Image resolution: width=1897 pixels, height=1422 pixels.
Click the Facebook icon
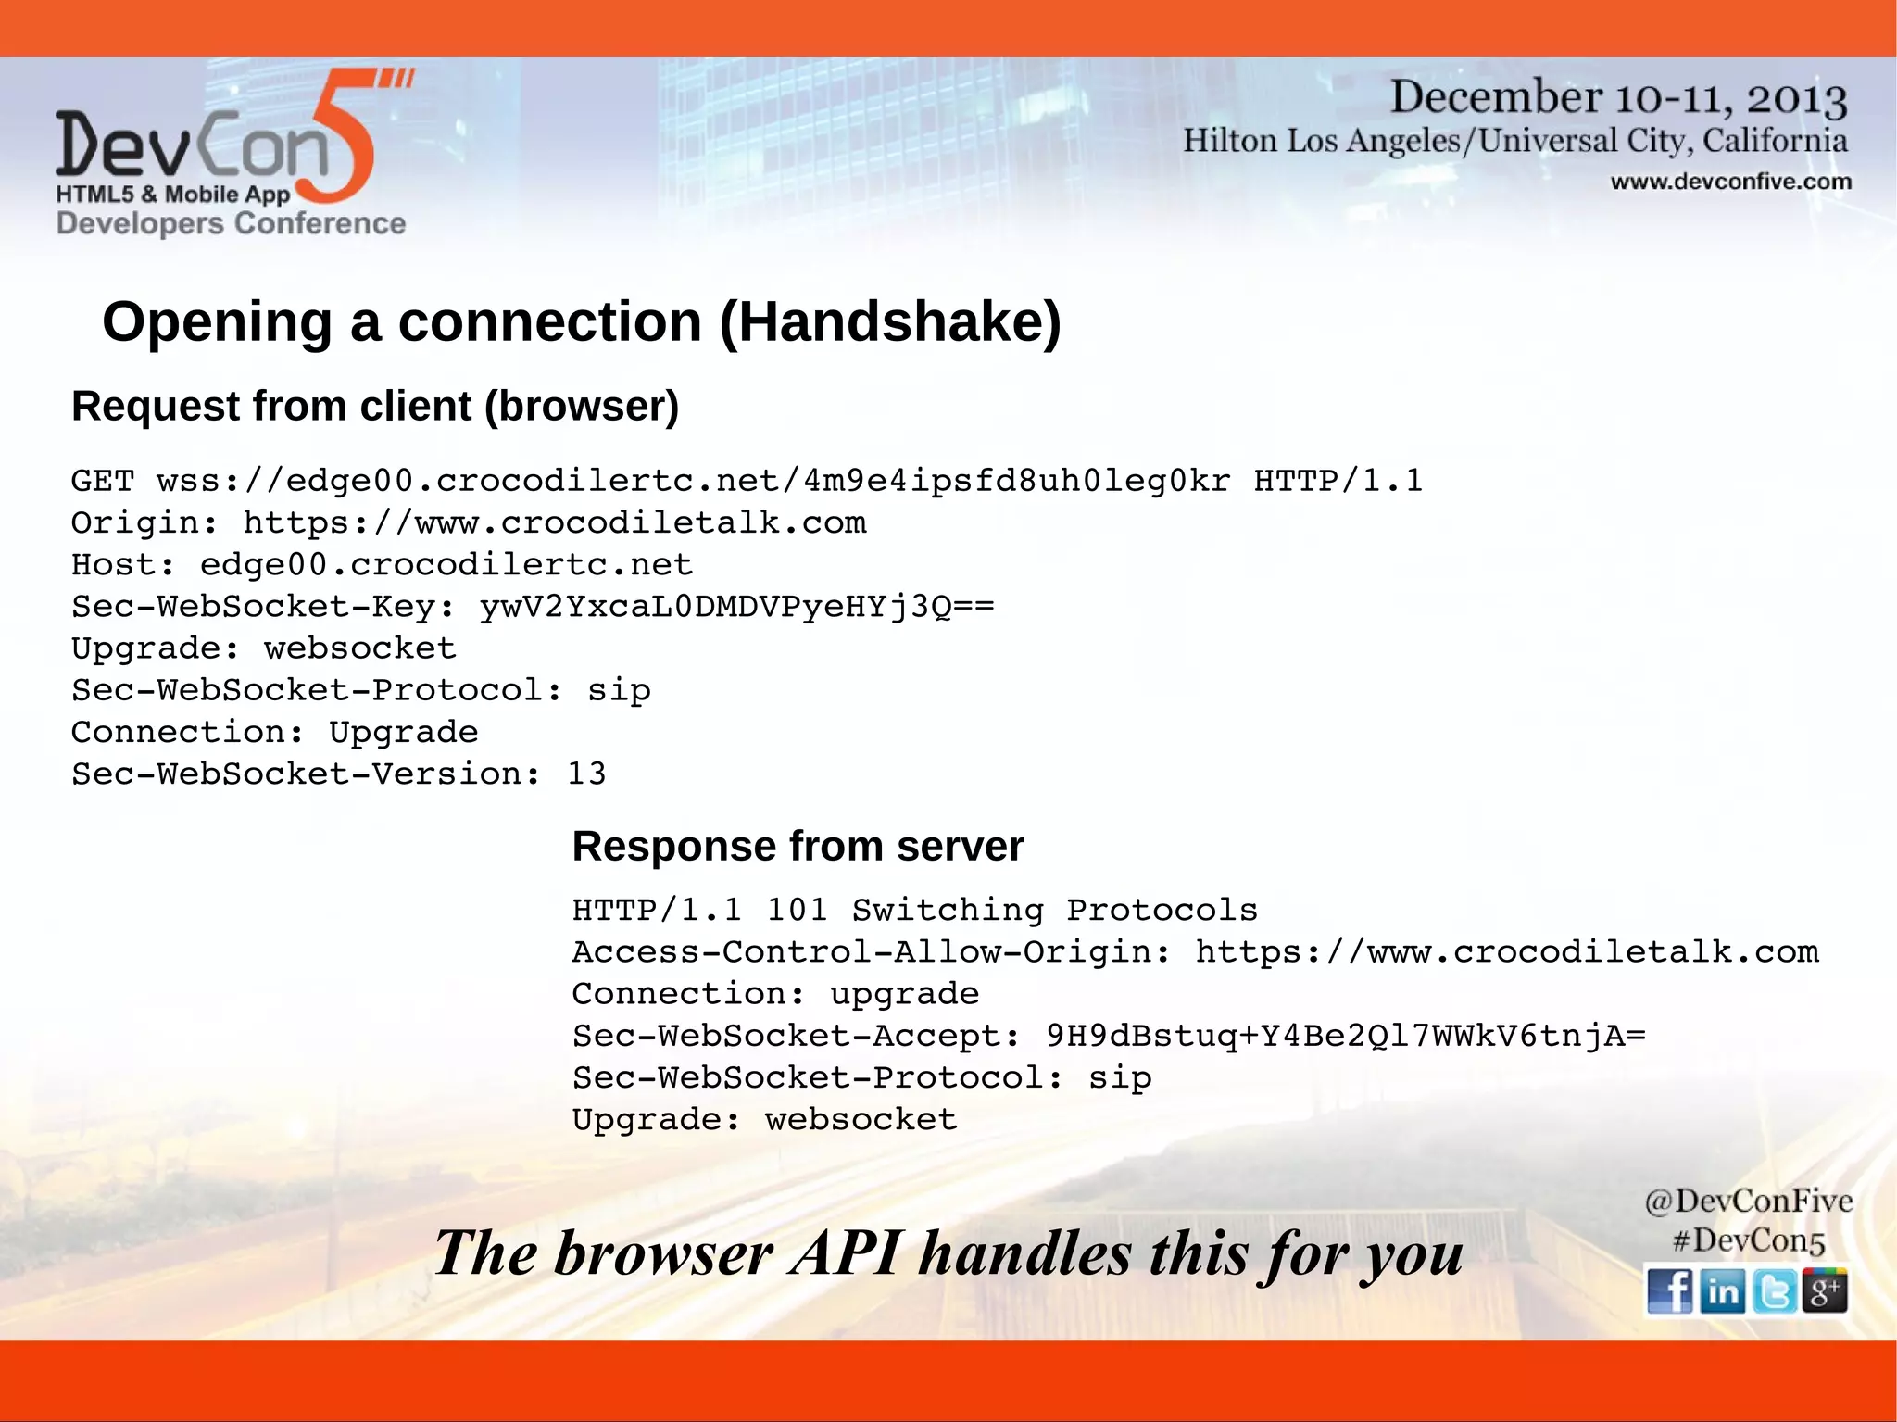point(1669,1290)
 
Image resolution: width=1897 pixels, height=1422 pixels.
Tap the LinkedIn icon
point(1722,1290)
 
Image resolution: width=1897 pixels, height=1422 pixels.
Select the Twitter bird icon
point(1774,1290)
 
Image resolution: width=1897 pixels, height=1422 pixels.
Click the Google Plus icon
point(1825,1290)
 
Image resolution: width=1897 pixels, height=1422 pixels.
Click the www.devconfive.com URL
point(1730,182)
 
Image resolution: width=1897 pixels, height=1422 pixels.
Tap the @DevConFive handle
point(1748,1201)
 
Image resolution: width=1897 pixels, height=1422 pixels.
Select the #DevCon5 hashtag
point(1748,1240)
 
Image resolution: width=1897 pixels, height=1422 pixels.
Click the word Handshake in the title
point(890,322)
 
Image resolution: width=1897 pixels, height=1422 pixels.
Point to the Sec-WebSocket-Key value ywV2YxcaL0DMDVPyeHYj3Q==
point(736,607)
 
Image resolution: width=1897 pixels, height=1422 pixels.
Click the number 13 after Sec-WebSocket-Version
point(586,774)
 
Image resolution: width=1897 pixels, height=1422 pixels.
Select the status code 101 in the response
point(797,910)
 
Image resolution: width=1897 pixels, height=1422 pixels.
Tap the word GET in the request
point(103,481)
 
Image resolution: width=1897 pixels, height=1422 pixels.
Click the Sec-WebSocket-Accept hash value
point(1345,1036)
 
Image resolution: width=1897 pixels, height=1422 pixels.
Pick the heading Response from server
point(798,846)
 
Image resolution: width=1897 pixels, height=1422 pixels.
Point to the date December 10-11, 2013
point(1618,97)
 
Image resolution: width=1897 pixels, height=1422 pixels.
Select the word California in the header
point(1775,141)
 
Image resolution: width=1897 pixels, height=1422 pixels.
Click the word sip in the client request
point(619,691)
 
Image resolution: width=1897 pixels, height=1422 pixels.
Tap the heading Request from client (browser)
point(375,406)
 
